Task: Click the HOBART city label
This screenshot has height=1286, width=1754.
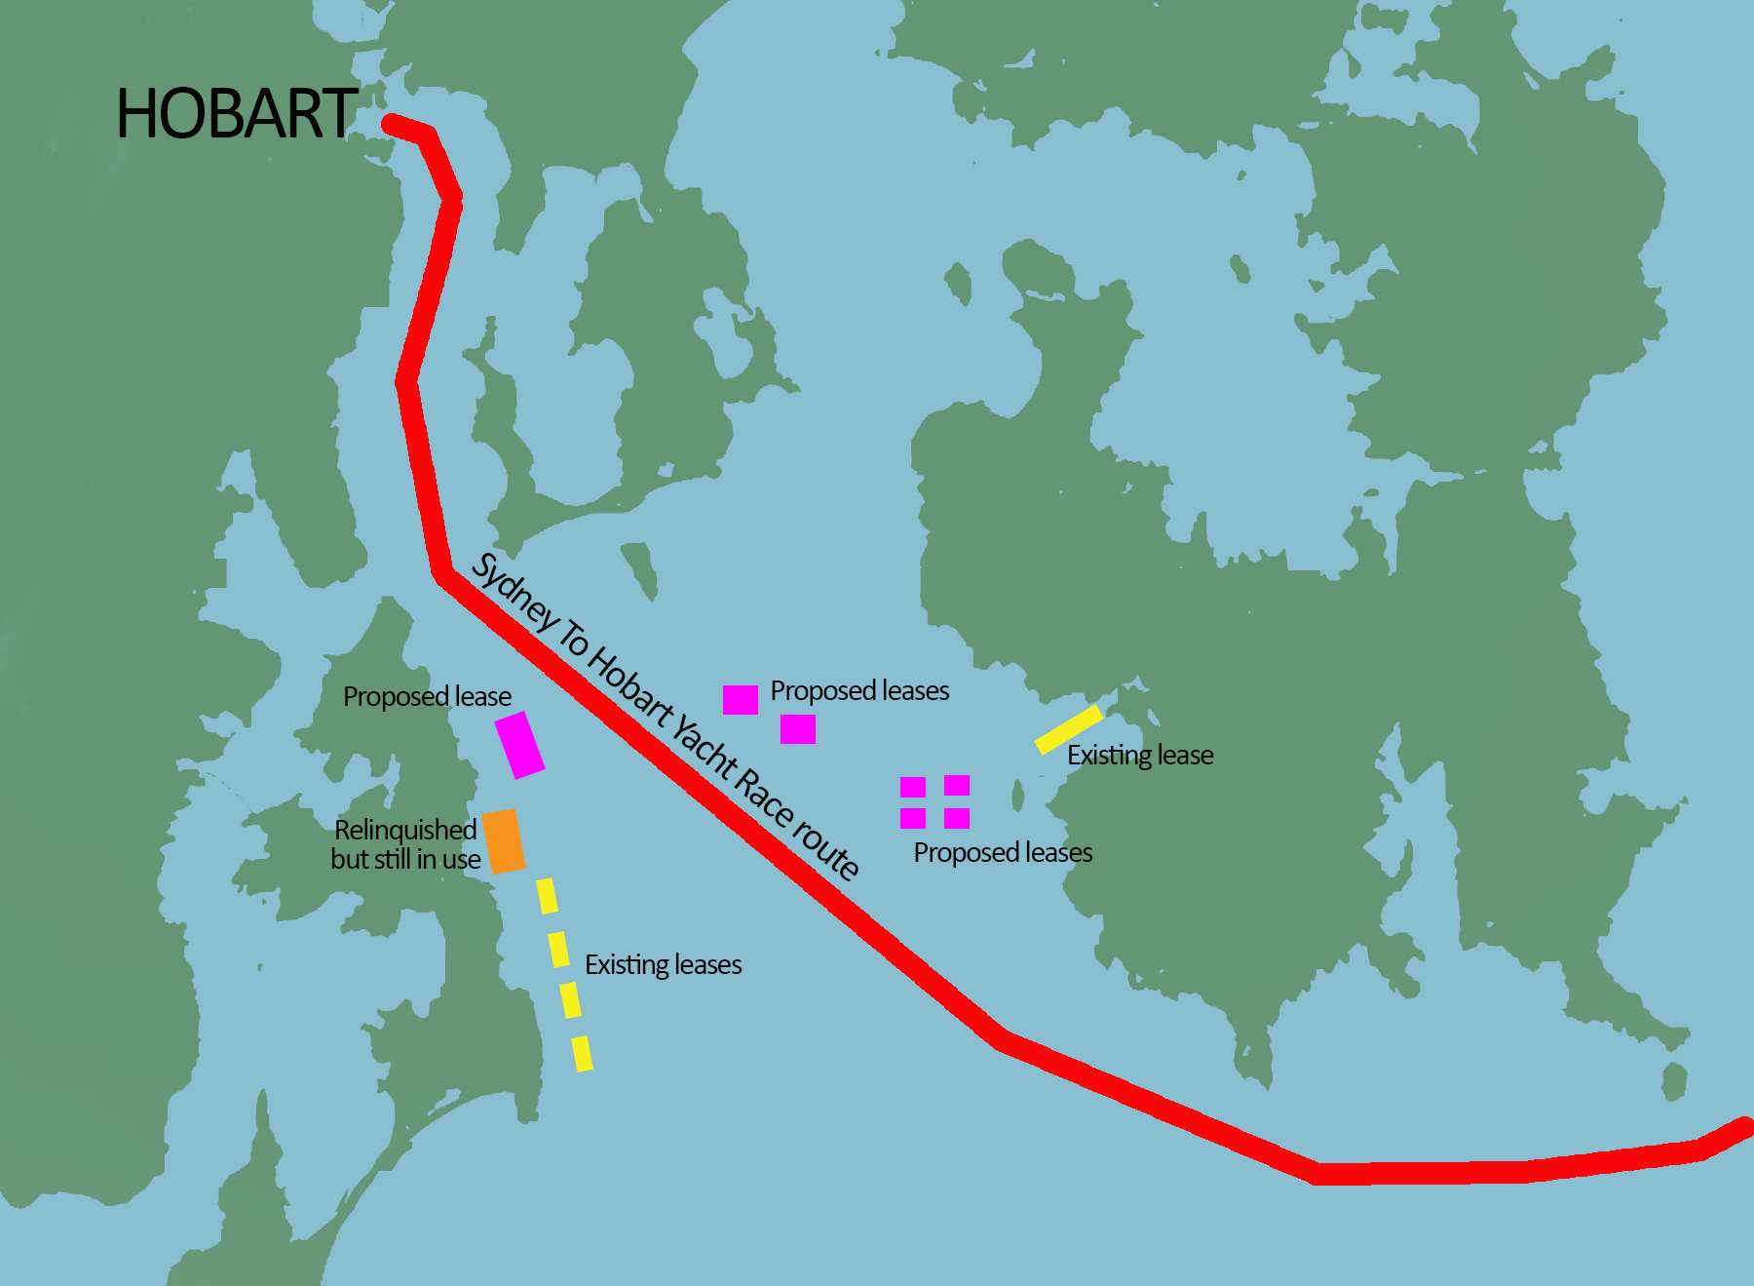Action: click(237, 114)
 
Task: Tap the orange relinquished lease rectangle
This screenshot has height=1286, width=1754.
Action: click(504, 840)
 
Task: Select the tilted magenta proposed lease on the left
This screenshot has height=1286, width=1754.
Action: click(519, 744)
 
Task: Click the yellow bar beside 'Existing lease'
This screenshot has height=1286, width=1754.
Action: click(1069, 729)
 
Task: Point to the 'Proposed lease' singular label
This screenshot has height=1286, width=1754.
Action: click(427, 696)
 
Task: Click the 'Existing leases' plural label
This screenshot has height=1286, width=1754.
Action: click(663, 964)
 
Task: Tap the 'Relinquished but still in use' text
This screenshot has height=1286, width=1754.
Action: click(405, 844)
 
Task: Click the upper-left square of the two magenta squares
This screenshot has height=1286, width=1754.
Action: click(741, 699)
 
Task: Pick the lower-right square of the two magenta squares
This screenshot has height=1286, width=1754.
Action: click(798, 728)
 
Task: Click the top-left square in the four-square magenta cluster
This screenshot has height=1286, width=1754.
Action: click(913, 787)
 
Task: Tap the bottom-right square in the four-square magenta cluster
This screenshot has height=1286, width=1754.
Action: click(957, 818)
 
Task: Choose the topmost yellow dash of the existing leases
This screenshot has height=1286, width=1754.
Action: click(548, 895)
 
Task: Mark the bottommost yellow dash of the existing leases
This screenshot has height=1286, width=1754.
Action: click(582, 1054)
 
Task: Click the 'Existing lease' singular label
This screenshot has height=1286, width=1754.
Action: click(1140, 755)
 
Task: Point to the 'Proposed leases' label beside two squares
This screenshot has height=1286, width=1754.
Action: click(859, 690)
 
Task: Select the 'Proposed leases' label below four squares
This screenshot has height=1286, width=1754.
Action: click(1003, 852)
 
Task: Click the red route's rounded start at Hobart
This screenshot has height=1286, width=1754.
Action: click(391, 124)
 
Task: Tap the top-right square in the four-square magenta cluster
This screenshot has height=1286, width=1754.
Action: click(957, 785)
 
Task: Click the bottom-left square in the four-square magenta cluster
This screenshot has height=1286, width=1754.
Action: click(913, 818)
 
